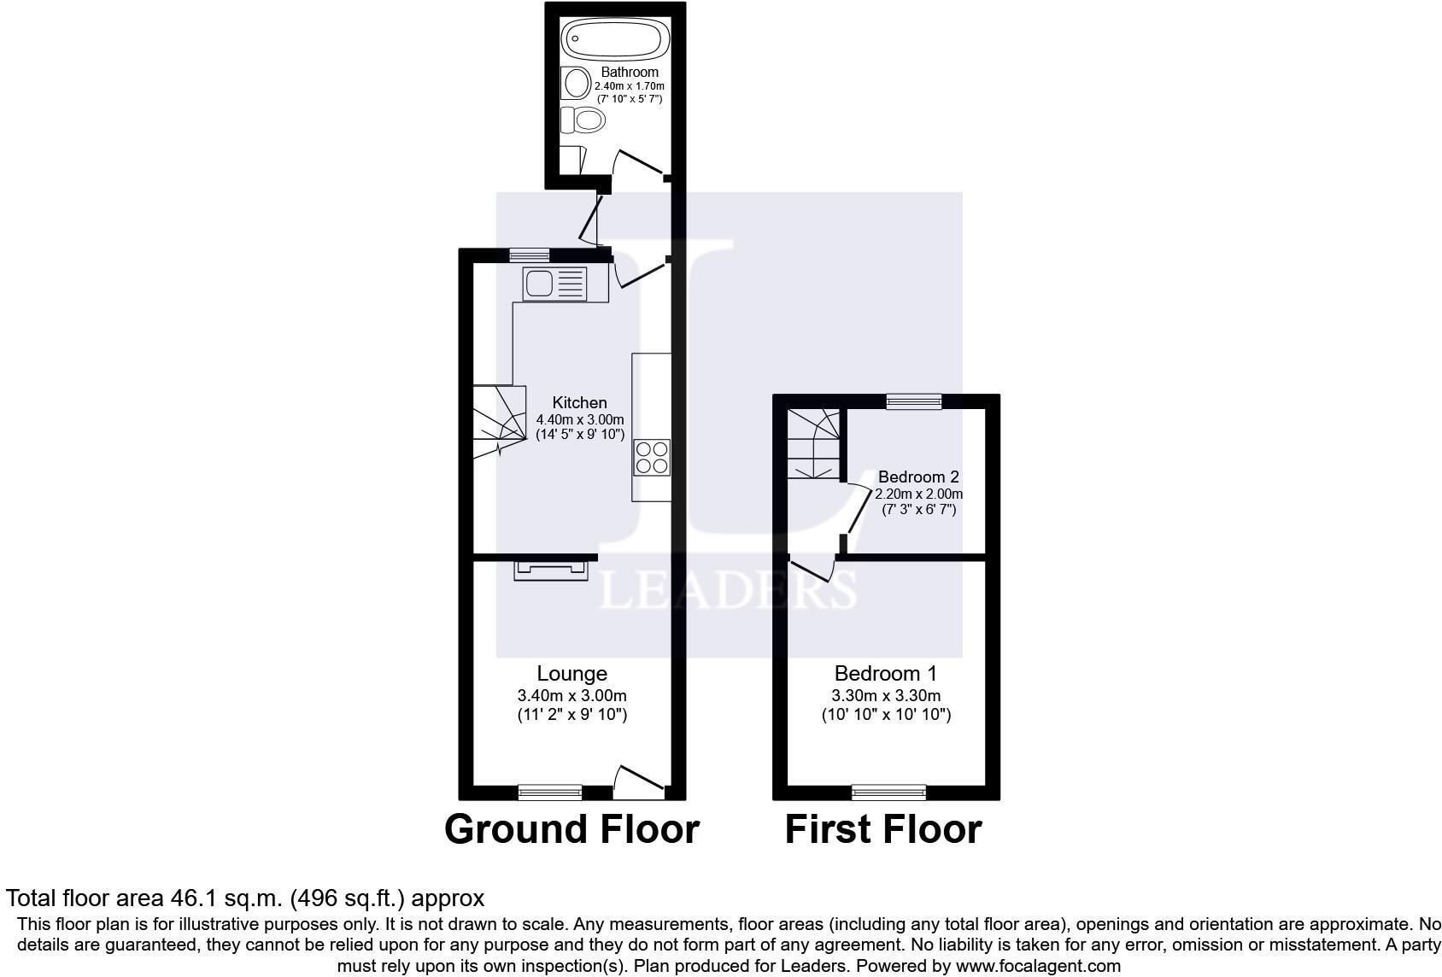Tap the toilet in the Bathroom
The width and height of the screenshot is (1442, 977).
pyautogui.click(x=585, y=120)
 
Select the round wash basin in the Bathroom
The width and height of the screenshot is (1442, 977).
pyautogui.click(x=576, y=84)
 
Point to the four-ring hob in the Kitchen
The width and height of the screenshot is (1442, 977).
pyautogui.click(x=651, y=457)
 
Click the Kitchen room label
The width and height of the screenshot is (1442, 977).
pyautogui.click(x=579, y=402)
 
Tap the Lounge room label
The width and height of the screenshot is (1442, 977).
pyautogui.click(x=572, y=674)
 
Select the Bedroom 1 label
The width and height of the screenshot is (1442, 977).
pyautogui.click(x=885, y=674)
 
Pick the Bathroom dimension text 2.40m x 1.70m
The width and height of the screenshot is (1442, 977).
pyautogui.click(x=630, y=86)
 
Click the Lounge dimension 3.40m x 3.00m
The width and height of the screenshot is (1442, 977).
pyautogui.click(x=572, y=695)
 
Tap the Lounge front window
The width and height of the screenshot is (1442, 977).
pyautogui.click(x=550, y=793)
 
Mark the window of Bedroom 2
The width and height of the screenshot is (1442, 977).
pyautogui.click(x=913, y=401)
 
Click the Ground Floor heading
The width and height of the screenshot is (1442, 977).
pyautogui.click(x=572, y=828)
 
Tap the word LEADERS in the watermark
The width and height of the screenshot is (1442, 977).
pyautogui.click(x=727, y=588)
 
